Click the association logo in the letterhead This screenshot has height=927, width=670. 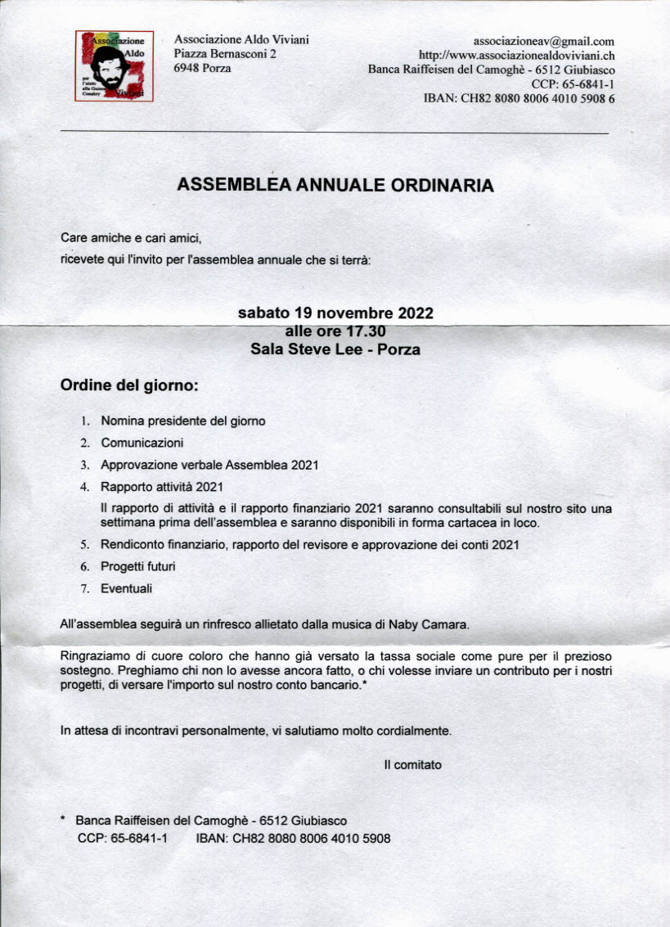coord(115,65)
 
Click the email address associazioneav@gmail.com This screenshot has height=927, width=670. coord(544,41)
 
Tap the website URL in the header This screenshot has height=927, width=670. coord(516,56)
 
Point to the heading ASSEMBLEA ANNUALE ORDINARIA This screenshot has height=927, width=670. coord(335,186)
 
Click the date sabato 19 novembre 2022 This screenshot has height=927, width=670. coord(335,313)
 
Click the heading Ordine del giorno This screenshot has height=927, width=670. coord(129,385)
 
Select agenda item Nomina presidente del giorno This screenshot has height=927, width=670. coord(182,421)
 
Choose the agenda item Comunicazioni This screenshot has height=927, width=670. coord(142,443)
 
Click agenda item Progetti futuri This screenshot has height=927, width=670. coord(137,566)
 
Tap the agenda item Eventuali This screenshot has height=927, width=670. coord(126,587)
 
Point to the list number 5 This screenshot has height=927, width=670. coord(84,545)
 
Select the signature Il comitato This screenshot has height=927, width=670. coord(412,765)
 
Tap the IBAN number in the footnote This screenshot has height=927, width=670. coord(312,839)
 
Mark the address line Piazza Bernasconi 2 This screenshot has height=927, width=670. coord(225,54)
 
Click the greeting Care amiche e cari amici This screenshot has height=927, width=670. coord(131,238)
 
